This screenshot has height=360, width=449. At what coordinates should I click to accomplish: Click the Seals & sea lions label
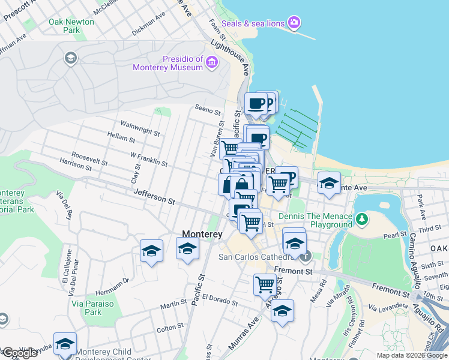coord(253,23)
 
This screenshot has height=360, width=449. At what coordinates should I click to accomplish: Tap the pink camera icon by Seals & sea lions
coord(294,23)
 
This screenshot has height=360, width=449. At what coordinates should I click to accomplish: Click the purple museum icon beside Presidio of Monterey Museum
coord(212,62)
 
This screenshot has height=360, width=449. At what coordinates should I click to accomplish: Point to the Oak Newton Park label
coord(71,26)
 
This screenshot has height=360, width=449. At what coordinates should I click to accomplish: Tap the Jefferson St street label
coord(154,196)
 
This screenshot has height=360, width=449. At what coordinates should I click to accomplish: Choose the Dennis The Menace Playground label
coord(315,220)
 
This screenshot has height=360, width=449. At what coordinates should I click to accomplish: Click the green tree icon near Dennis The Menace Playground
coord(361,220)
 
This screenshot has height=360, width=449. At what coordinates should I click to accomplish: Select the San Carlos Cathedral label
coord(259,258)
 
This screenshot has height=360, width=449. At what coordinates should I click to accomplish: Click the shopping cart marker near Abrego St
coord(265,284)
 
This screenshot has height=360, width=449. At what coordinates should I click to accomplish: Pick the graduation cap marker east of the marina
coord(329,183)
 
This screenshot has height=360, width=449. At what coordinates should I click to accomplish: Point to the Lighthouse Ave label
coord(230,58)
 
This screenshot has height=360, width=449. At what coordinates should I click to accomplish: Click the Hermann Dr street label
coord(112,281)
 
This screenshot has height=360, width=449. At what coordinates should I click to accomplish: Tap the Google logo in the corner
coord(20,352)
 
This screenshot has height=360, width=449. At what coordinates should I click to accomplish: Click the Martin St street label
coord(173,304)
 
